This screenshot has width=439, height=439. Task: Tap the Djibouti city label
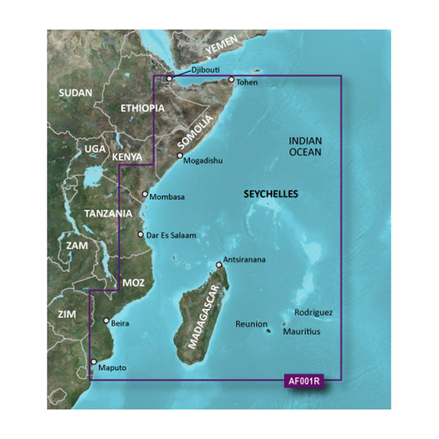(x=204, y=70)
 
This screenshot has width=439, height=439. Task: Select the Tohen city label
(x=249, y=83)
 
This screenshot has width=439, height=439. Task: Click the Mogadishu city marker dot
(x=179, y=156)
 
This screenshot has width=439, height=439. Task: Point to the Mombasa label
(x=167, y=197)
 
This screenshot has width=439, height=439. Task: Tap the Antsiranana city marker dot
(x=219, y=265)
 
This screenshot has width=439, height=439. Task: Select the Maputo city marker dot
(x=92, y=362)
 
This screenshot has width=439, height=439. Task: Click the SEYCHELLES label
(x=272, y=195)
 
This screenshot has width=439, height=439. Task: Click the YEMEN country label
(x=222, y=48)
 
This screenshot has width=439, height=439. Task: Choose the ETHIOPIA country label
(x=141, y=108)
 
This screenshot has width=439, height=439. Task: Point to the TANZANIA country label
(x=108, y=213)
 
